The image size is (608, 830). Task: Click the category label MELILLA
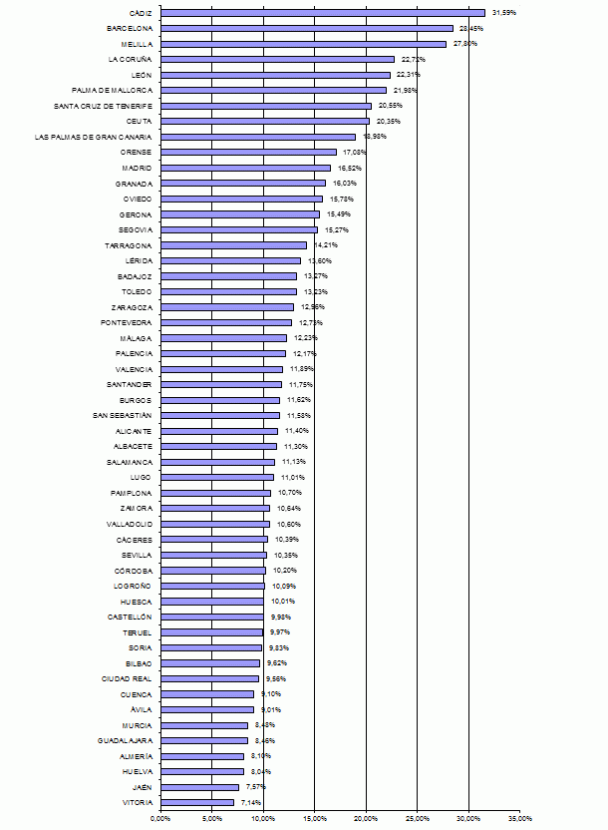pyautogui.click(x=136, y=44)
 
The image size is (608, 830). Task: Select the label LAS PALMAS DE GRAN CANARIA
pyautogui.click(x=93, y=137)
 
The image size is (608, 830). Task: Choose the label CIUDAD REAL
pyautogui.click(x=127, y=678)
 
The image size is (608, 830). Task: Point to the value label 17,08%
pyautogui.click(x=355, y=153)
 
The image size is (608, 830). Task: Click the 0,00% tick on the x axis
pyautogui.click(x=160, y=819)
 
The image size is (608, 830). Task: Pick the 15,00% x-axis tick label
pyautogui.click(x=314, y=819)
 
